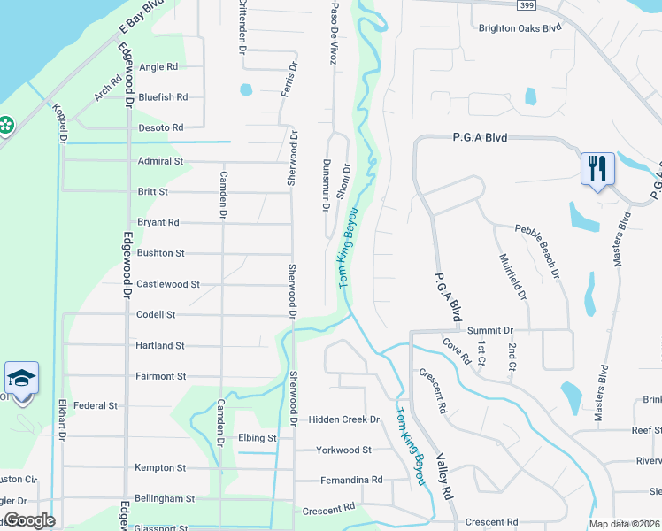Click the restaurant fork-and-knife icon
click(x=597, y=166)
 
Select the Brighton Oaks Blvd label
click(x=520, y=27)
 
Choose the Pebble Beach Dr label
click(x=538, y=252)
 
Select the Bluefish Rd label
click(x=163, y=97)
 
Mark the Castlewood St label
click(x=168, y=284)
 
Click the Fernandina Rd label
click(x=352, y=480)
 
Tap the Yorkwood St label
click(x=344, y=450)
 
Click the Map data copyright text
click(x=624, y=524)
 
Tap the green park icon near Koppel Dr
click(x=6, y=126)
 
